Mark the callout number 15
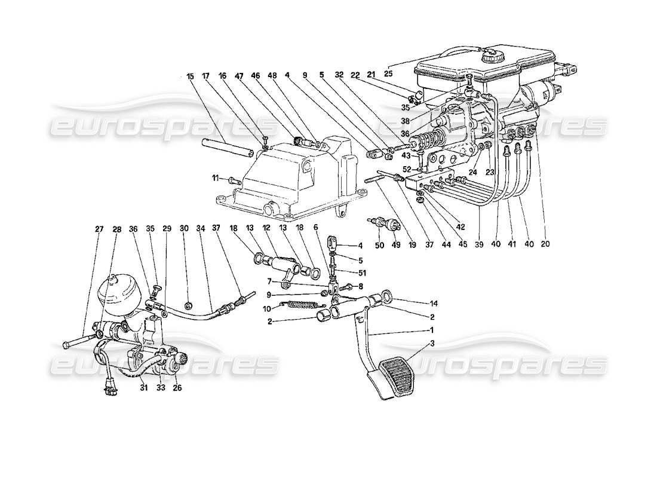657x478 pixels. click(190, 76)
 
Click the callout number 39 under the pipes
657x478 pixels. click(477, 243)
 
